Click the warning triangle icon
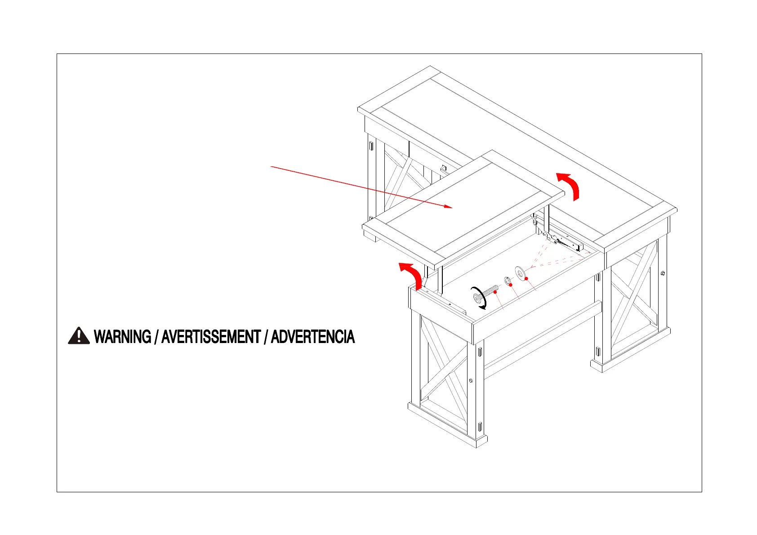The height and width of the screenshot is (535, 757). tap(79, 336)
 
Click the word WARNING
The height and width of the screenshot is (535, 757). tap(122, 337)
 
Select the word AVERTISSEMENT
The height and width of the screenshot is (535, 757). tap(211, 337)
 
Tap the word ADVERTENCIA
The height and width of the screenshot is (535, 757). tap(312, 337)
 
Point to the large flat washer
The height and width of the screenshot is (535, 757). tap(521, 272)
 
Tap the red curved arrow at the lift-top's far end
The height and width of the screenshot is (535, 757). tap(569, 185)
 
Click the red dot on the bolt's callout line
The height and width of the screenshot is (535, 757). tap(495, 292)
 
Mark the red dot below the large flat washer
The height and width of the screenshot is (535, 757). tap(526, 279)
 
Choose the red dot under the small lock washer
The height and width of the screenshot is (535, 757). tap(511, 285)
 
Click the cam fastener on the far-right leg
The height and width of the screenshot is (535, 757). tap(663, 273)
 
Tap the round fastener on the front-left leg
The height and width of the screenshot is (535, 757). tap(471, 381)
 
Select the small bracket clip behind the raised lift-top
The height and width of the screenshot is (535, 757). tap(443, 169)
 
